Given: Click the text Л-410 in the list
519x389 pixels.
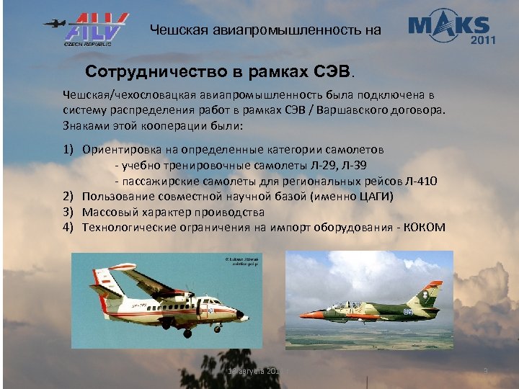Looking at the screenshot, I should pyautogui.click(x=420, y=180).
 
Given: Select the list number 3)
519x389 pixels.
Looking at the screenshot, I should pyautogui.click(x=68, y=212).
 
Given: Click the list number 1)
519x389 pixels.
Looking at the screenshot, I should pyautogui.click(x=68, y=149).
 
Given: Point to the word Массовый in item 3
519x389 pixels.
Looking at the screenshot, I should pyautogui.click(x=107, y=212).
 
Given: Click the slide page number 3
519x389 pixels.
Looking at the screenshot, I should pyautogui.click(x=486, y=371).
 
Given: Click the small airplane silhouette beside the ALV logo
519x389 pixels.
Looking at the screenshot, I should pyautogui.click(x=53, y=22).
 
